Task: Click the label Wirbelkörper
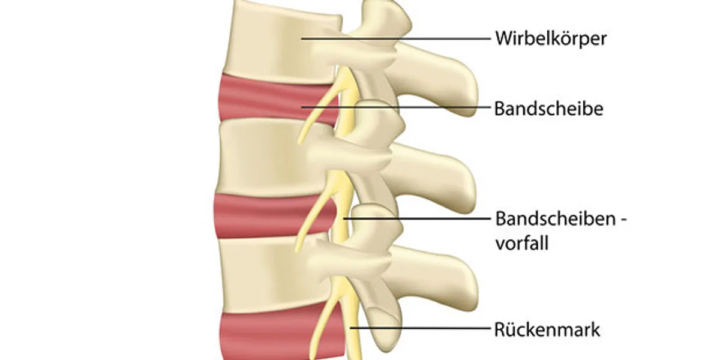click(x=551, y=39)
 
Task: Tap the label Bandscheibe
click(x=548, y=109)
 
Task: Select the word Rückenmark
click(x=547, y=329)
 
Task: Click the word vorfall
click(x=522, y=243)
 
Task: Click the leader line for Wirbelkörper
click(x=396, y=38)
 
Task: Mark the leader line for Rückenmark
click(x=421, y=328)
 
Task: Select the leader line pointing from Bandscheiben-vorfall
click(x=417, y=218)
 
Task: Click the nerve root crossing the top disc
click(x=322, y=106)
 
